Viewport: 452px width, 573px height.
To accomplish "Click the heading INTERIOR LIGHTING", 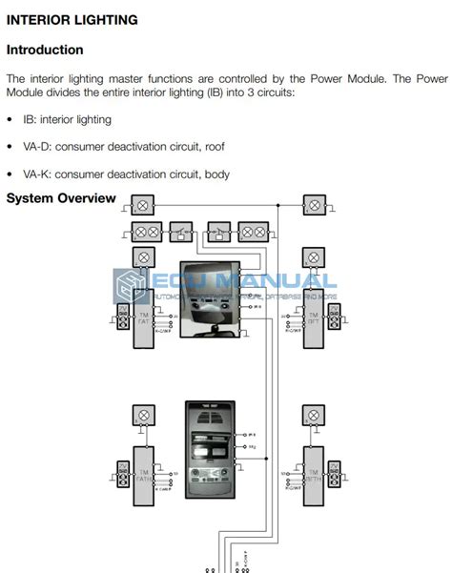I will point(72,19).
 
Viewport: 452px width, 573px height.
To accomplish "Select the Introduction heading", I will point(45,50).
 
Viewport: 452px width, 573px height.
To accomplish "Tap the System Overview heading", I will point(61,198).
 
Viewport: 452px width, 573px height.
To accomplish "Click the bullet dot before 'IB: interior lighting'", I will point(10,120).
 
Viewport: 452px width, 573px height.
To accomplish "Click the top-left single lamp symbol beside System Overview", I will point(143,205).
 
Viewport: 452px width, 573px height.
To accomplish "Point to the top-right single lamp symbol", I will point(313,205).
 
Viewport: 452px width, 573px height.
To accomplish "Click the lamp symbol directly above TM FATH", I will point(143,416).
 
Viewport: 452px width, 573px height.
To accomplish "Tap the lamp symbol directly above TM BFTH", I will point(313,416).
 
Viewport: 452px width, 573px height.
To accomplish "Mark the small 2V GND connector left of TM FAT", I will point(121,318).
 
